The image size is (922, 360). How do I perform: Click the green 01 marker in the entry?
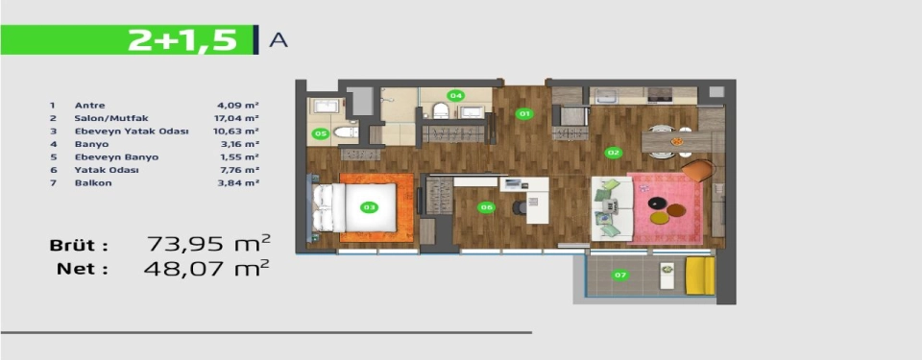click(524, 113)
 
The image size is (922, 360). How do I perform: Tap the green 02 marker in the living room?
click(614, 153)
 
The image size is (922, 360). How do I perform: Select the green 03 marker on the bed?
click(369, 207)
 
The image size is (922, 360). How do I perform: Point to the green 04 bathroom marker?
click(454, 95)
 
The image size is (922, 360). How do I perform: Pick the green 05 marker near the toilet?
click(321, 134)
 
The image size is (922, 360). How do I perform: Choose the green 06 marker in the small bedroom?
click(486, 207)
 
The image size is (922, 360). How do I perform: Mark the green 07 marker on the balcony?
click(619, 275)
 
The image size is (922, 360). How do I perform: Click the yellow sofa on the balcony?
click(700, 276)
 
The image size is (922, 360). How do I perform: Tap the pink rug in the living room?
click(665, 208)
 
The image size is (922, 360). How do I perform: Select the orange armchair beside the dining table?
click(698, 171)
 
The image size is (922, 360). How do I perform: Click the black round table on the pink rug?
click(657, 204)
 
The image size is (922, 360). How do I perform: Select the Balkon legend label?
click(93, 183)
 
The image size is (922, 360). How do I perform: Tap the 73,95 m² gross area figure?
click(208, 243)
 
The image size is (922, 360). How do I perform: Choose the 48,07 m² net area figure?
click(206, 269)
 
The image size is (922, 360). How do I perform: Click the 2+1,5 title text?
click(182, 40)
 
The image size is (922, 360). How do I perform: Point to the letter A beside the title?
click(279, 40)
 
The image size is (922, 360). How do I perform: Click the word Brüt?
click(79, 246)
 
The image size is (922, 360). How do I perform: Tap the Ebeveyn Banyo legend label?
click(116, 157)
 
